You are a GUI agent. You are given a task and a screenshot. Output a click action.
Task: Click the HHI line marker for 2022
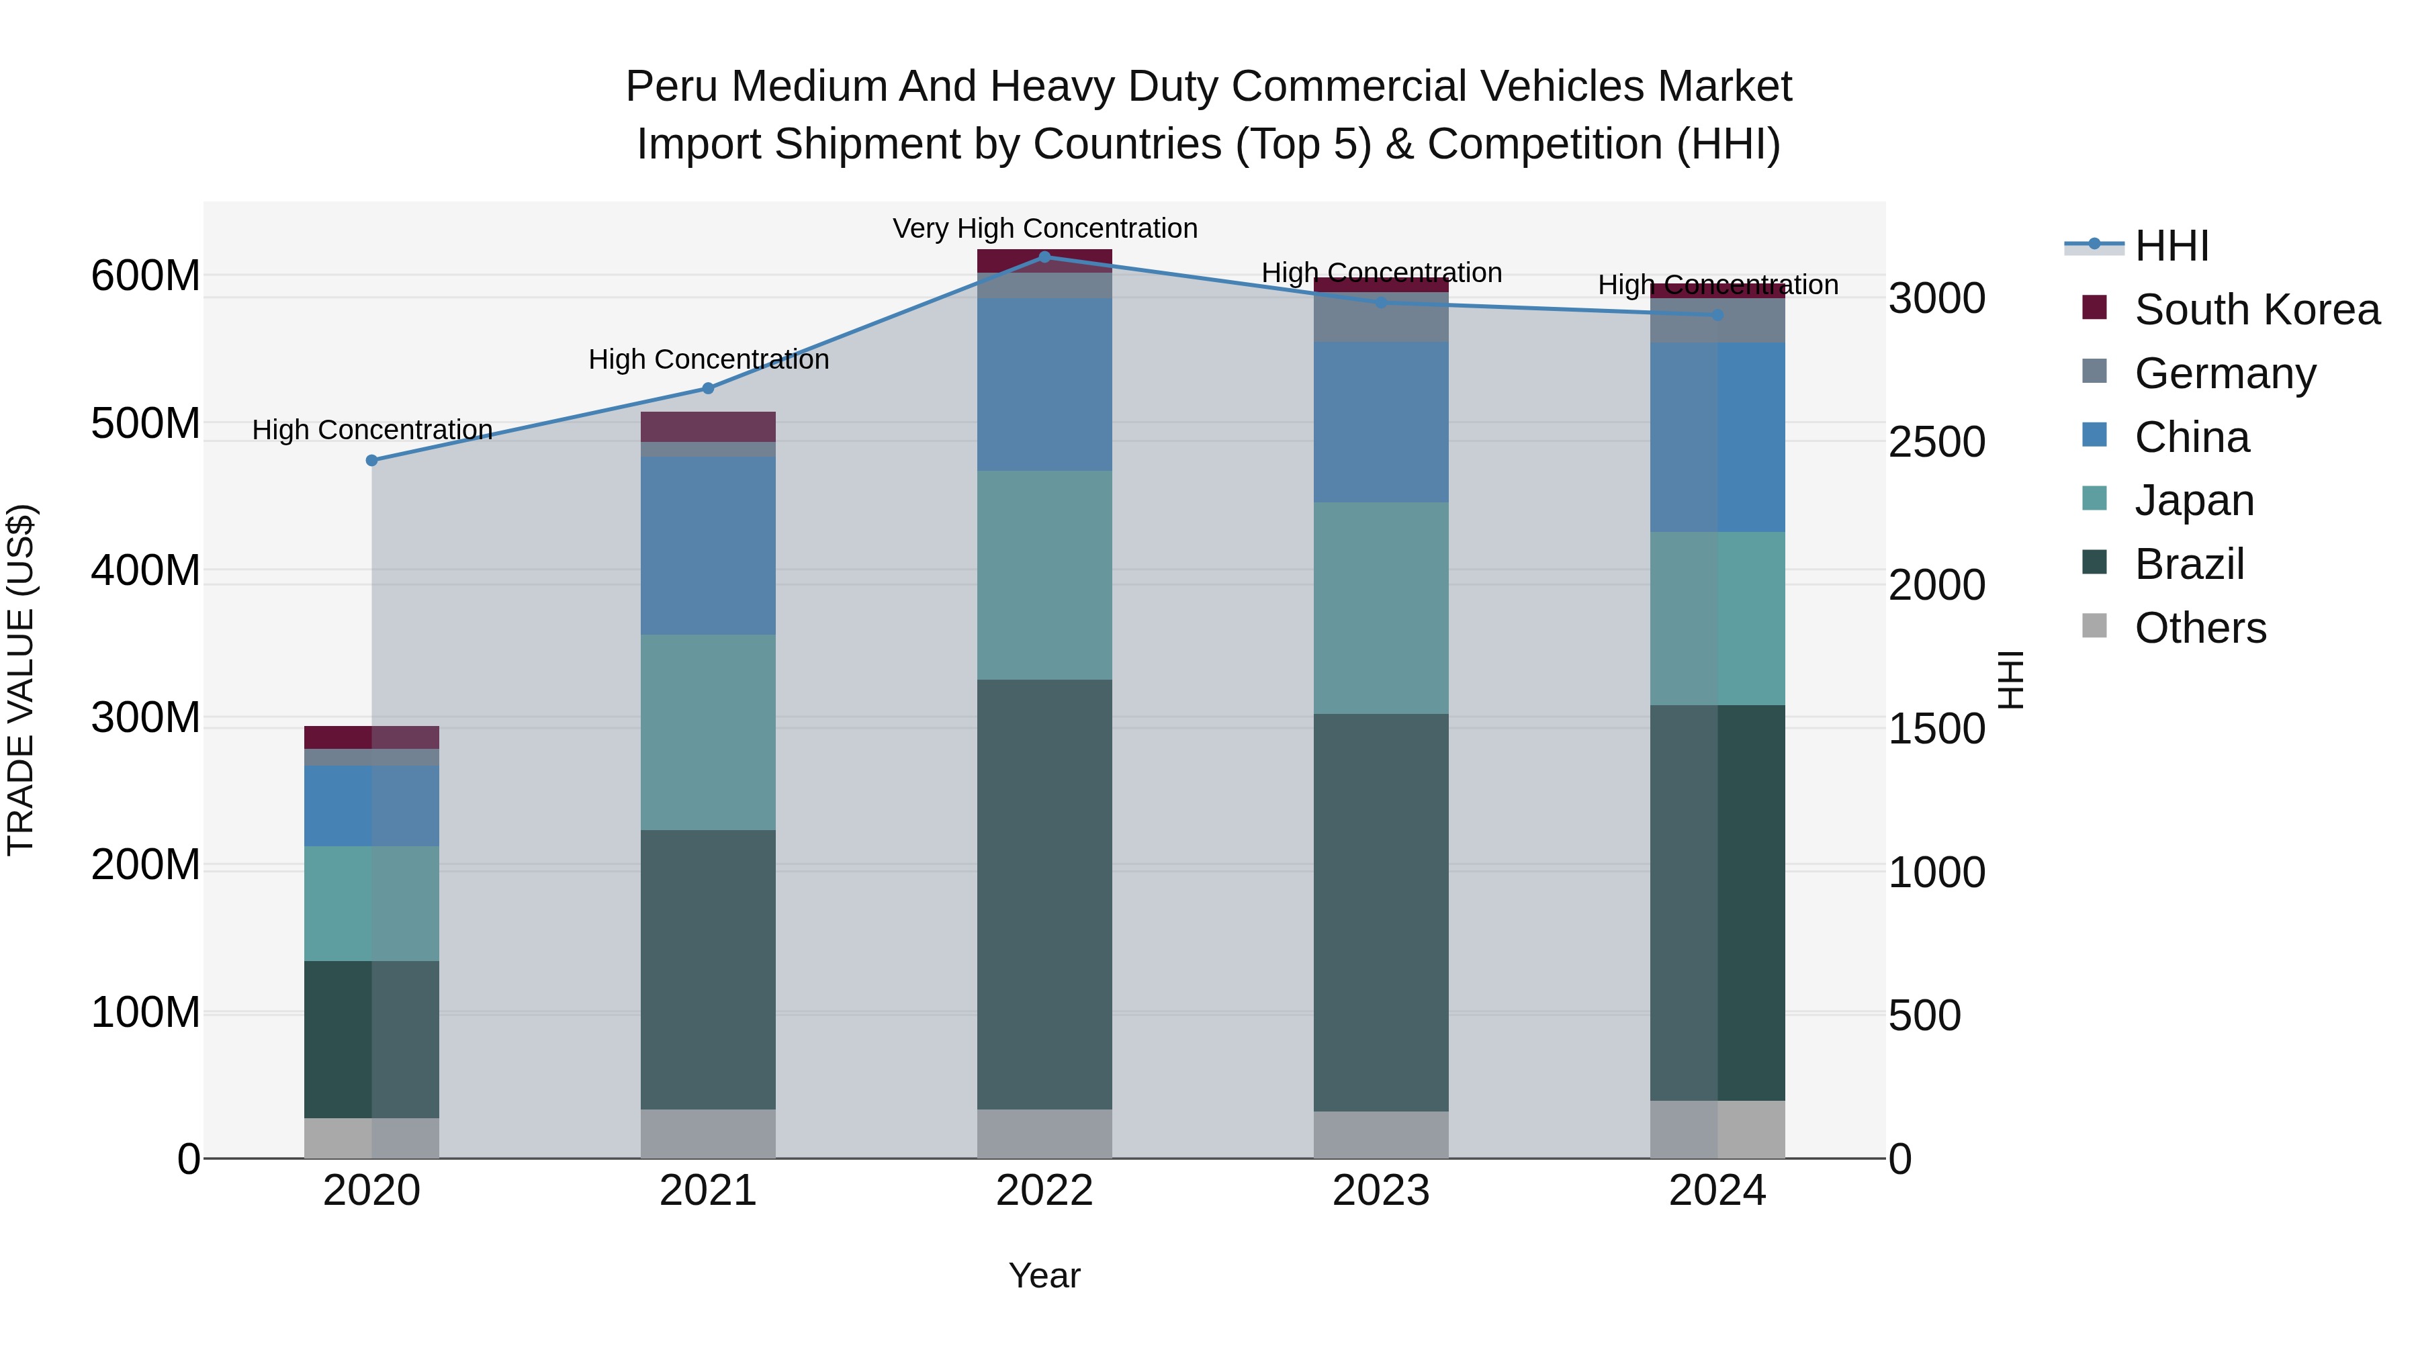(1044, 257)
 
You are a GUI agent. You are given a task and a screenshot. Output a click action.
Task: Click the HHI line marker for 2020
(371, 460)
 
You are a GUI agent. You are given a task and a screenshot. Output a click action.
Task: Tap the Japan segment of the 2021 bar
(708, 732)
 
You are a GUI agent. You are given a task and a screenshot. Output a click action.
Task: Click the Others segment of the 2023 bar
(1381, 1135)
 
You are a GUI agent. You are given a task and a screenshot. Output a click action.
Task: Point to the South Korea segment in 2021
(708, 426)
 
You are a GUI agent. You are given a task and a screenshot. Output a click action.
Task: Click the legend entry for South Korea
(2257, 310)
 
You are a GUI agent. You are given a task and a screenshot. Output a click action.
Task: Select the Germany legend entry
(2225, 373)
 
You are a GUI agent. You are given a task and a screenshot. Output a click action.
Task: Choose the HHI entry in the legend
(2170, 246)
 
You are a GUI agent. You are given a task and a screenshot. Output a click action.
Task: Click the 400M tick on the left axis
(146, 571)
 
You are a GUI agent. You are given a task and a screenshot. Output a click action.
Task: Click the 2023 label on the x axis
(1381, 1191)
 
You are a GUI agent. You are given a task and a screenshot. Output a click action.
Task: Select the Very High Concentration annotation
(1044, 228)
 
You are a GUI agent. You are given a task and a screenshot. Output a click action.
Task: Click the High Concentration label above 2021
(709, 359)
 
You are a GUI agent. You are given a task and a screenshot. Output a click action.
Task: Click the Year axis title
(1044, 1275)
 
